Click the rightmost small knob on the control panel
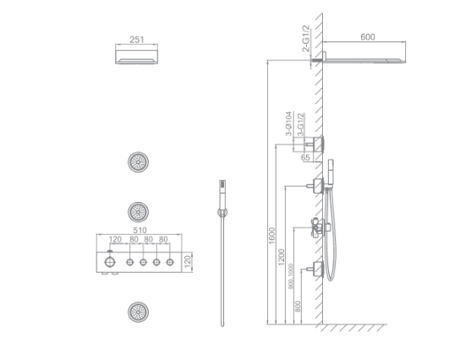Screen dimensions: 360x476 [x=172, y=264]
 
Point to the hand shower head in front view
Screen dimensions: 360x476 [x=222, y=186]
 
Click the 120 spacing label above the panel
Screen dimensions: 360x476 [x=111, y=240]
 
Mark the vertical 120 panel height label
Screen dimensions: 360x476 [x=198, y=264]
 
